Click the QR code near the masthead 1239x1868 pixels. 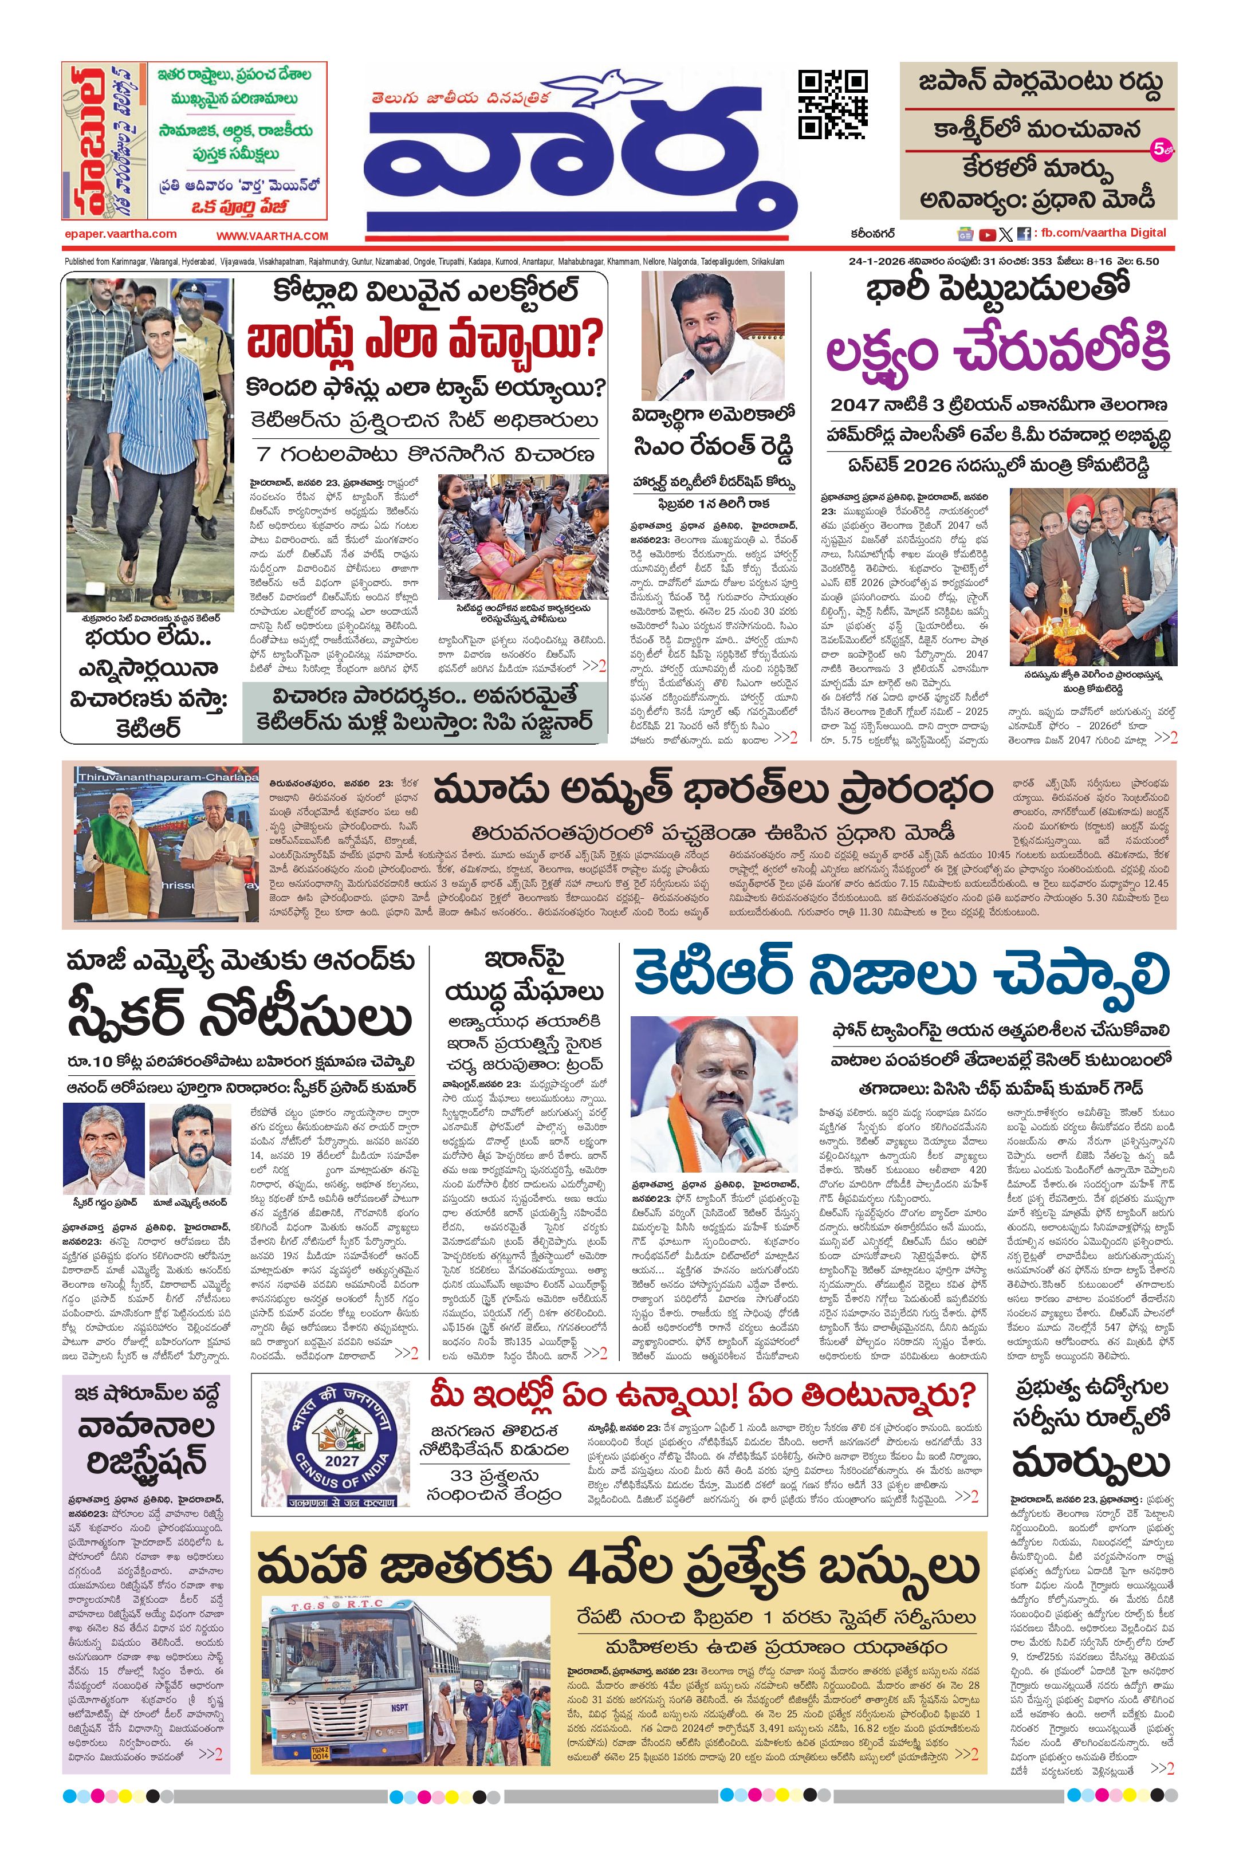(832, 104)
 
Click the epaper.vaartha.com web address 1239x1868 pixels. (121, 234)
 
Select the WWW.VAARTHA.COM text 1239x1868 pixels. (272, 235)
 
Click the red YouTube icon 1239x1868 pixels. (987, 234)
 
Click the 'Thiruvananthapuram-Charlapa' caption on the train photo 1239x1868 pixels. (167, 777)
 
